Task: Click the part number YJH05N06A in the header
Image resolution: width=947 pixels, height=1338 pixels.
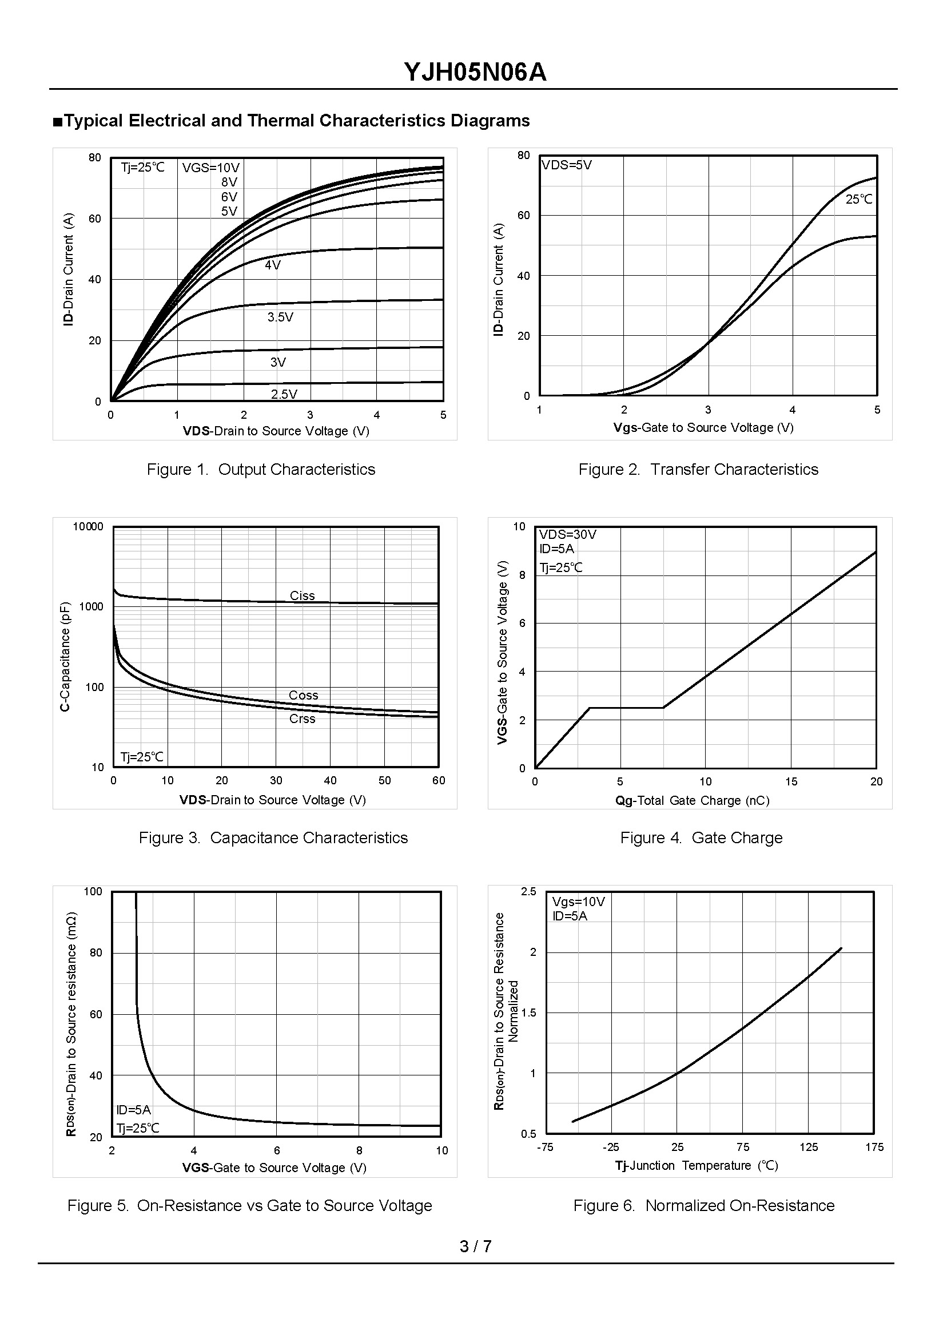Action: tap(475, 72)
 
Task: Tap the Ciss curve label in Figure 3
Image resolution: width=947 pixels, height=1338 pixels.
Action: tap(302, 595)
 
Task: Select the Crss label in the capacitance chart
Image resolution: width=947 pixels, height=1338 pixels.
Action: tap(302, 718)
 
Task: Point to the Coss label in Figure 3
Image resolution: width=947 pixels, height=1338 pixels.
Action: tap(303, 695)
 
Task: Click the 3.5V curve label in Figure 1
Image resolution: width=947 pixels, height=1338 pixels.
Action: tap(280, 317)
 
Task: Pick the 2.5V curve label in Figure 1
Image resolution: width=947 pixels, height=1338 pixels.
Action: tap(284, 394)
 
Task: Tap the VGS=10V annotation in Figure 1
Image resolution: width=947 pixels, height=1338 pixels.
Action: tap(210, 168)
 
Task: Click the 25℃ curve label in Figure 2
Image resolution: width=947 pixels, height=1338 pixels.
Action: tap(859, 200)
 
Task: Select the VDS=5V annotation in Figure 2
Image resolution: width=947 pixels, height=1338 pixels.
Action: tap(566, 165)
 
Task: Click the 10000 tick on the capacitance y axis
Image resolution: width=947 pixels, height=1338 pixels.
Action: tap(88, 527)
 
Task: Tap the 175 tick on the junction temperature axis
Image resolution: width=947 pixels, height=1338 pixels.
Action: tap(874, 1147)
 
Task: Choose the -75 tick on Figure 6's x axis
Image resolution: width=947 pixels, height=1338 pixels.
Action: tap(544, 1147)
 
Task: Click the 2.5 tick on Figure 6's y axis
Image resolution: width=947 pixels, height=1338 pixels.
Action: tap(528, 891)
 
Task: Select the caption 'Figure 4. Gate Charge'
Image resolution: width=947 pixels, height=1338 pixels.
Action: tap(701, 837)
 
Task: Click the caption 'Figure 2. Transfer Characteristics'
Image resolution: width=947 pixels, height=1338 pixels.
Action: tap(698, 470)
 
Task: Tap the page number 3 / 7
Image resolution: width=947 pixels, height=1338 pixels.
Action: tap(475, 1246)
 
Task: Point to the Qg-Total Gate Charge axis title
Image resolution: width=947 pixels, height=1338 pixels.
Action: tap(692, 800)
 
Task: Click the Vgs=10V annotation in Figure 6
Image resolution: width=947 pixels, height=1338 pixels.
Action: tap(579, 902)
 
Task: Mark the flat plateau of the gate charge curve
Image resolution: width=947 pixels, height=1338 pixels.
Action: tap(627, 708)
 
